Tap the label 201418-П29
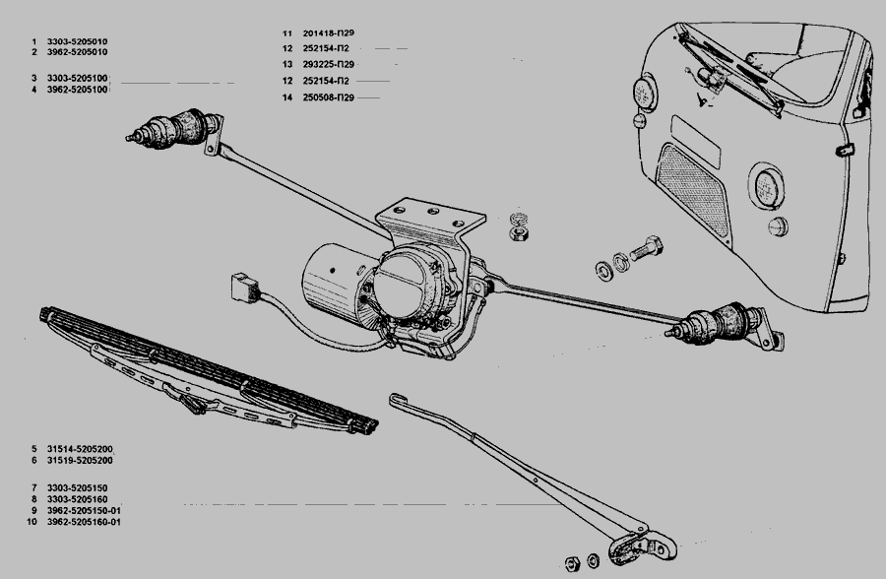coord(330,33)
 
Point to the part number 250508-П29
coord(330,97)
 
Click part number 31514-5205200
coord(80,448)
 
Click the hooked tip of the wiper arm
coord(396,399)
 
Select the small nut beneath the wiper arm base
coord(568,563)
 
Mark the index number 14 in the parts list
coord(285,97)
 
